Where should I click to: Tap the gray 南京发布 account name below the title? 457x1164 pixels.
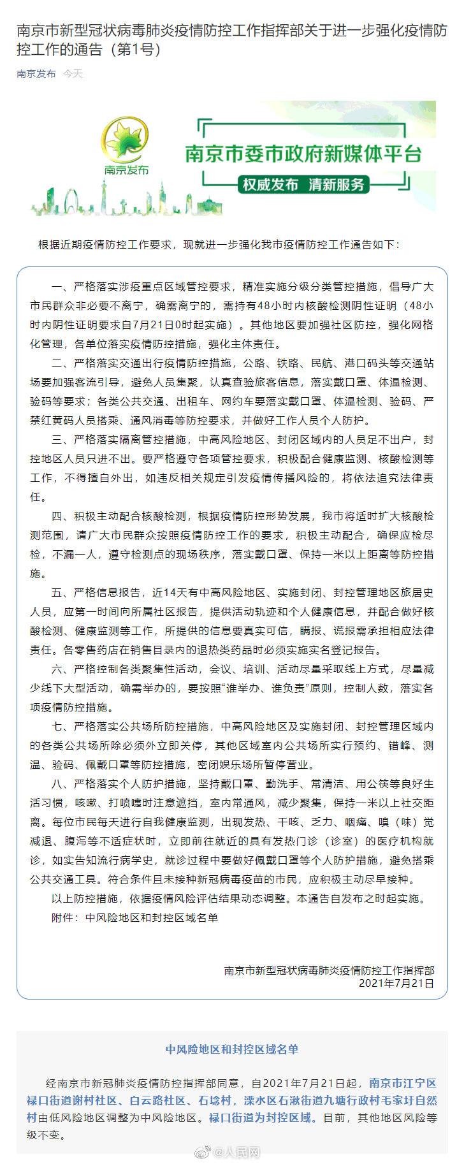click(x=36, y=74)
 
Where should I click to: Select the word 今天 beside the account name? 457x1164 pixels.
click(x=73, y=74)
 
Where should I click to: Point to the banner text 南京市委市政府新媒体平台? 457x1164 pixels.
click(x=303, y=154)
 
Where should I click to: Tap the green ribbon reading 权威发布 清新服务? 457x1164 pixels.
click(x=303, y=185)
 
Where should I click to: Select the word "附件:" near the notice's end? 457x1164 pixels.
click(x=66, y=917)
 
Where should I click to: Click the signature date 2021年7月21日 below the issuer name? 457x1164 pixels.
click(x=396, y=983)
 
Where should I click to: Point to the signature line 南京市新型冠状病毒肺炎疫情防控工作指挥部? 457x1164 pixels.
click(x=329, y=970)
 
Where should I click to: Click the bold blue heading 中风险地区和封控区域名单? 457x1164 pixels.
click(x=232, y=1049)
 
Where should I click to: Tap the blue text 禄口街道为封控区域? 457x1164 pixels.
click(x=261, y=1117)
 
